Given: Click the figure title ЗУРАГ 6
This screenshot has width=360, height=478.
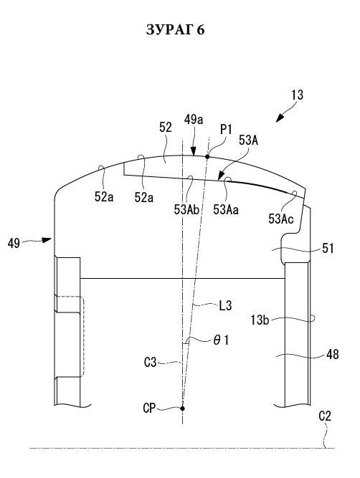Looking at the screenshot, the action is [x=175, y=29].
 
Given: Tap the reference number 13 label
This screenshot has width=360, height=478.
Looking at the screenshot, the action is [x=297, y=95].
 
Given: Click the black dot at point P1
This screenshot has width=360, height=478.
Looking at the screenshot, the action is [x=207, y=157].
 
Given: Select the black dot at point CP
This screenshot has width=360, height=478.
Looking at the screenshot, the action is [x=182, y=408].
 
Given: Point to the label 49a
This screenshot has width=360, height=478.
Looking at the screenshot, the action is [x=194, y=120].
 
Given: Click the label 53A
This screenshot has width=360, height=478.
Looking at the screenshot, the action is [x=248, y=140].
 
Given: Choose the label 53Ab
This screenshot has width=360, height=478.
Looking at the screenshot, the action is [x=186, y=210].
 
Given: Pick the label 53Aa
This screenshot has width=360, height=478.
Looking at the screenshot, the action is [x=226, y=210].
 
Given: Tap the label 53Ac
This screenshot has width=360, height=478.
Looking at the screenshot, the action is [x=281, y=219].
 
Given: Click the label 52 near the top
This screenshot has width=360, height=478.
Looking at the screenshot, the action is [x=166, y=128].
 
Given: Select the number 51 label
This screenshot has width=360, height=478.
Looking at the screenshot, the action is [x=328, y=249].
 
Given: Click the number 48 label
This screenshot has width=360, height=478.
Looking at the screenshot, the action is [x=332, y=355].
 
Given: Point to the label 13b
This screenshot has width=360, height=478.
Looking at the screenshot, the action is [x=260, y=320].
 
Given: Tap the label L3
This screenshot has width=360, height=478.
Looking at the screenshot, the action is [x=225, y=305].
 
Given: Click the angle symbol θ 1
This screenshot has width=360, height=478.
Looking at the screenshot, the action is [x=221, y=340].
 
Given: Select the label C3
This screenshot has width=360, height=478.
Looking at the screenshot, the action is [x=150, y=363].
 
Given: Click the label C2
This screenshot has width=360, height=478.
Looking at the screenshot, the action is [x=325, y=416].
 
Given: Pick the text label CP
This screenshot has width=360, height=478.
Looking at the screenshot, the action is [x=149, y=408].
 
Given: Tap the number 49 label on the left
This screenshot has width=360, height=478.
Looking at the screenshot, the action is [x=14, y=244].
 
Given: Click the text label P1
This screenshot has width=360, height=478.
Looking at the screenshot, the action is [x=226, y=130].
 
